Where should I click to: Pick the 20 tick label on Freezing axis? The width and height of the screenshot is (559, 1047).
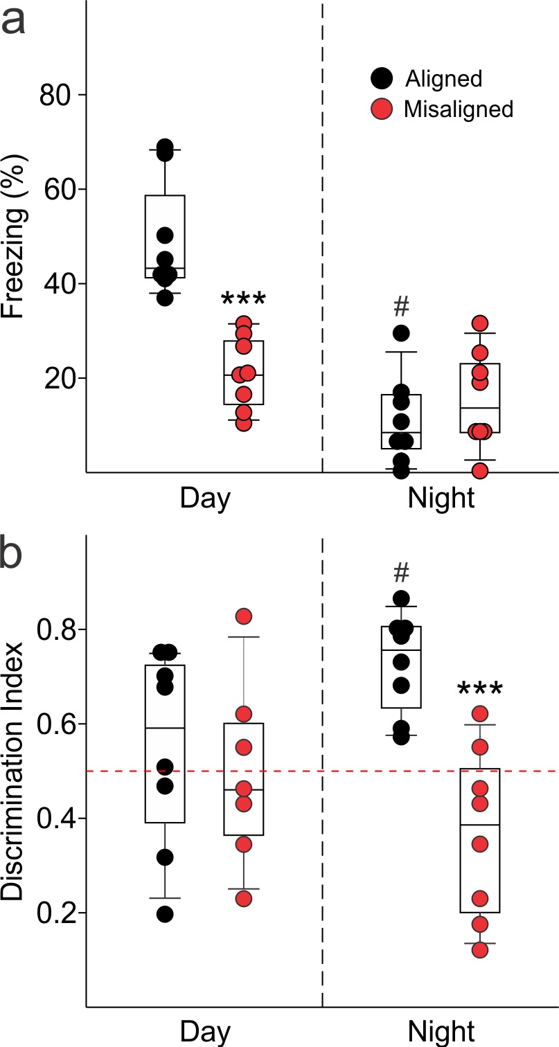[x=57, y=378]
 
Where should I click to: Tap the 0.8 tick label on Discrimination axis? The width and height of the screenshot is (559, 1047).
[x=51, y=630]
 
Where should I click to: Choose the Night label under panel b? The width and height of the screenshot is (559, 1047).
[x=442, y=1030]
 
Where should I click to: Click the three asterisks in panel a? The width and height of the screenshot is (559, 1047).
[x=244, y=300]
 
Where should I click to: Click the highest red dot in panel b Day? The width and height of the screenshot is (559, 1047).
[x=244, y=616]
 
